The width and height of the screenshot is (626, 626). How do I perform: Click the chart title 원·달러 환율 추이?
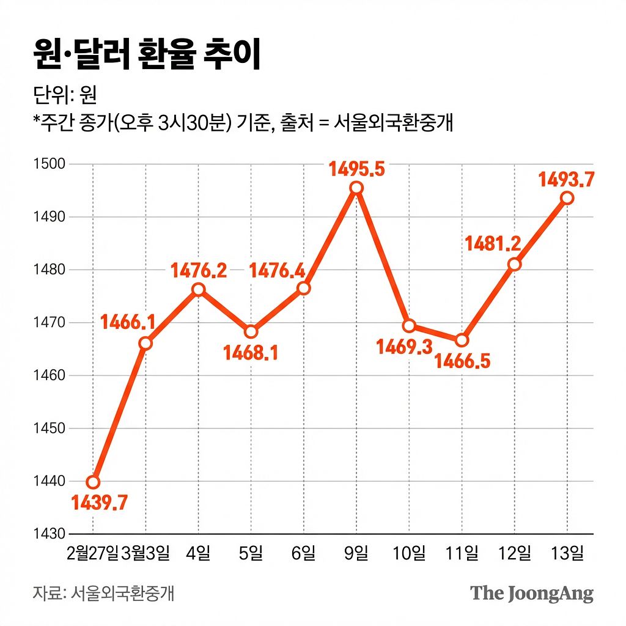147,56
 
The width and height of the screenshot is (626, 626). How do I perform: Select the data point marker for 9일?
356,188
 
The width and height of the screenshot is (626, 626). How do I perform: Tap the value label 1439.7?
100,503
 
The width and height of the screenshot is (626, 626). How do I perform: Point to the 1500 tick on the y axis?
48,164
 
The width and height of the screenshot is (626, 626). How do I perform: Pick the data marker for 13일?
567,197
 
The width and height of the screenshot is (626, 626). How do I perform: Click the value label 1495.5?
356,169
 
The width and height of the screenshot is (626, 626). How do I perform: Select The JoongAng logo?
531,593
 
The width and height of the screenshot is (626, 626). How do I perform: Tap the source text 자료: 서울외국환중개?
104,593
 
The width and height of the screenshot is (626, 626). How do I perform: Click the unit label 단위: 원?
65,96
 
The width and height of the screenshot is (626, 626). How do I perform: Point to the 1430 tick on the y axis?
48,534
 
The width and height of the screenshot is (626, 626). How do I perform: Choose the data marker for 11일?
462,340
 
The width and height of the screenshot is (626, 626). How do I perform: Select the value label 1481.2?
493,244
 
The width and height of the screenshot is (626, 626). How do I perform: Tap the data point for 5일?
251,332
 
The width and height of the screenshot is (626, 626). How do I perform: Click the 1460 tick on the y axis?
48,375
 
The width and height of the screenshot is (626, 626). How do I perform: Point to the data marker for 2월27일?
93,482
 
